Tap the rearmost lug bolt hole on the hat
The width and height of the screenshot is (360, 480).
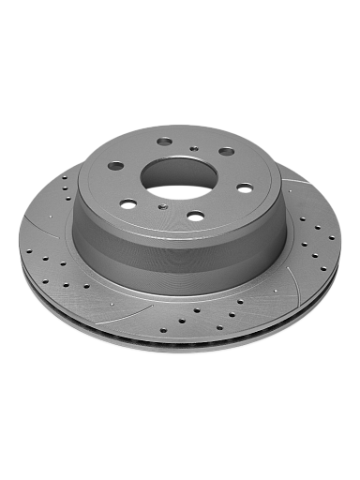click(x=164, y=142)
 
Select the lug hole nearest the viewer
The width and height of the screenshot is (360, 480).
click(x=195, y=216)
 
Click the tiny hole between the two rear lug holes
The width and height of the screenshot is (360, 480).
click(x=193, y=147)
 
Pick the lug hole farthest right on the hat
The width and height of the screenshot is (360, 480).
click(x=245, y=187)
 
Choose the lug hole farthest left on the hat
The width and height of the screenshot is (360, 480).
click(x=115, y=166)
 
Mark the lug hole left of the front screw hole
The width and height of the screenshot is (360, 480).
click(x=127, y=202)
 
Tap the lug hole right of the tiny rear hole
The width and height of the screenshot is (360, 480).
click(x=226, y=150)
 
